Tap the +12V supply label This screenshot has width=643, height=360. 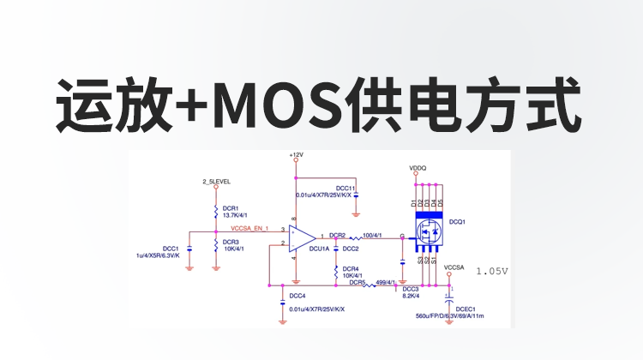coord(296,155)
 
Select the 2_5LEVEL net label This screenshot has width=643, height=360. coord(215,182)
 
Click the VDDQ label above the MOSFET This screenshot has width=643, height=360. coord(418,168)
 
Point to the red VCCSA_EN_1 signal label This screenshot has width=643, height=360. coord(249,229)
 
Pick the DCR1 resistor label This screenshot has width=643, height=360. coord(231,207)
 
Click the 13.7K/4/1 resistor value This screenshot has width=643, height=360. coord(236,215)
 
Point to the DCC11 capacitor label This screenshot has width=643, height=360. coord(346,188)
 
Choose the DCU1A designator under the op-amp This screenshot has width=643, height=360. coord(320,249)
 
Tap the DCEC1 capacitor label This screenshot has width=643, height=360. coord(466,307)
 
